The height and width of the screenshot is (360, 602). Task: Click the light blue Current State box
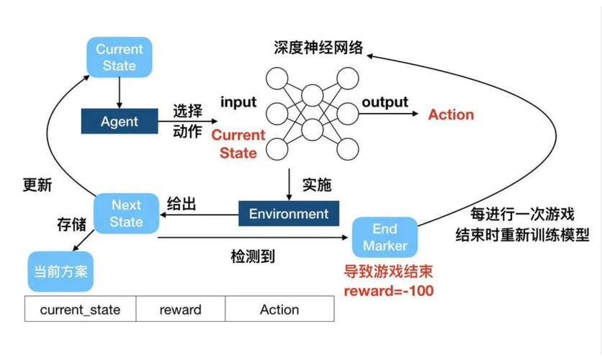pyautogui.click(x=119, y=58)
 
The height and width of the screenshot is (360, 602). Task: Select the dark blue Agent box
pyautogui.click(x=119, y=122)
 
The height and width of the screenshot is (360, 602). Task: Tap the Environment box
pyautogui.click(x=288, y=214)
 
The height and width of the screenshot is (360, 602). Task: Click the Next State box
pyautogui.click(x=126, y=213)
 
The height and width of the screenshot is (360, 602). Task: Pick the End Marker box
pyautogui.click(x=385, y=238)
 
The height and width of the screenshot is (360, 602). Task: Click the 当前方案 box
pyautogui.click(x=62, y=272)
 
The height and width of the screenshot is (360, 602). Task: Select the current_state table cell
pyautogui.click(x=80, y=310)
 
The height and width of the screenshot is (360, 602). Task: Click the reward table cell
pyautogui.click(x=180, y=310)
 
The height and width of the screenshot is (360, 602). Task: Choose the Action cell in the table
pyautogui.click(x=279, y=310)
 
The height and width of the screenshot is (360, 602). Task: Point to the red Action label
pyautogui.click(x=451, y=114)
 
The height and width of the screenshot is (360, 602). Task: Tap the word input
pyautogui.click(x=238, y=102)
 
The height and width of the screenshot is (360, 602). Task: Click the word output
pyautogui.click(x=385, y=102)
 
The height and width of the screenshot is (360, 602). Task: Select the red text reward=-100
pyautogui.click(x=388, y=292)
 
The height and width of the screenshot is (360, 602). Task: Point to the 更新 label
pyautogui.click(x=37, y=184)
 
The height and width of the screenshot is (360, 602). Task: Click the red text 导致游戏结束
pyautogui.click(x=389, y=274)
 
